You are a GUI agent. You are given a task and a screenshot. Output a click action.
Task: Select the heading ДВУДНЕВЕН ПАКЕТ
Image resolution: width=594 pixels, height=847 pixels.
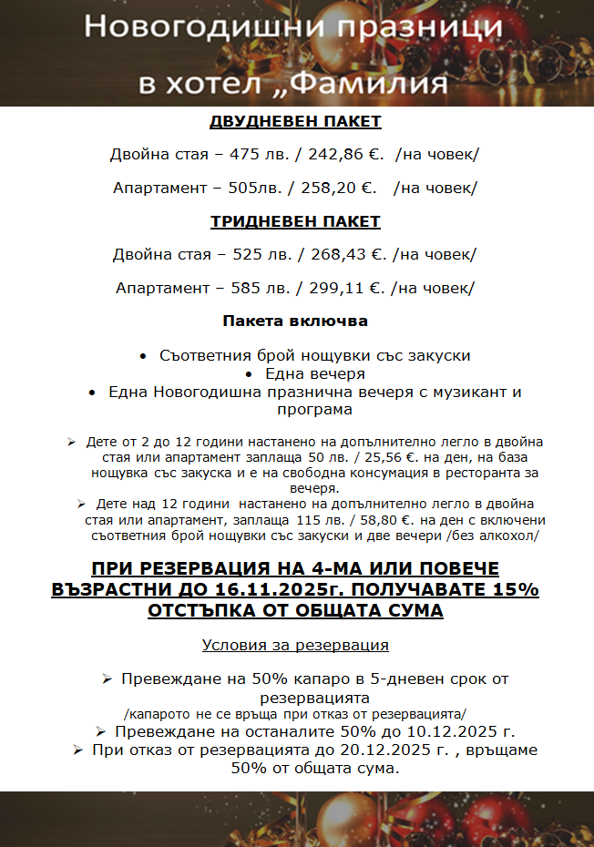[x=295, y=122]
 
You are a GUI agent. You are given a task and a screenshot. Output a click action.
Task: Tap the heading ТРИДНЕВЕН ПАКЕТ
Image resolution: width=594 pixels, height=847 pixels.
[x=295, y=222]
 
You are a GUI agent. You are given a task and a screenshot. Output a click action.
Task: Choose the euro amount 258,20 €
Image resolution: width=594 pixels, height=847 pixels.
[x=338, y=189]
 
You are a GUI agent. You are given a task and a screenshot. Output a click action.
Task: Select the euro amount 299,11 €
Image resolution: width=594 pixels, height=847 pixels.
[x=345, y=289]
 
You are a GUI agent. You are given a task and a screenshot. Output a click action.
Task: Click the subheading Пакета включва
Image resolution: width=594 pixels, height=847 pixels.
[x=295, y=321]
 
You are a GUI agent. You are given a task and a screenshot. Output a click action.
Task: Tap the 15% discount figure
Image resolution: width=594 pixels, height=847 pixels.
[x=514, y=589]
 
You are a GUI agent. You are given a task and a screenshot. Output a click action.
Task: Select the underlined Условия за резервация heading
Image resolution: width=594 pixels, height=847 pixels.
[x=295, y=645]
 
